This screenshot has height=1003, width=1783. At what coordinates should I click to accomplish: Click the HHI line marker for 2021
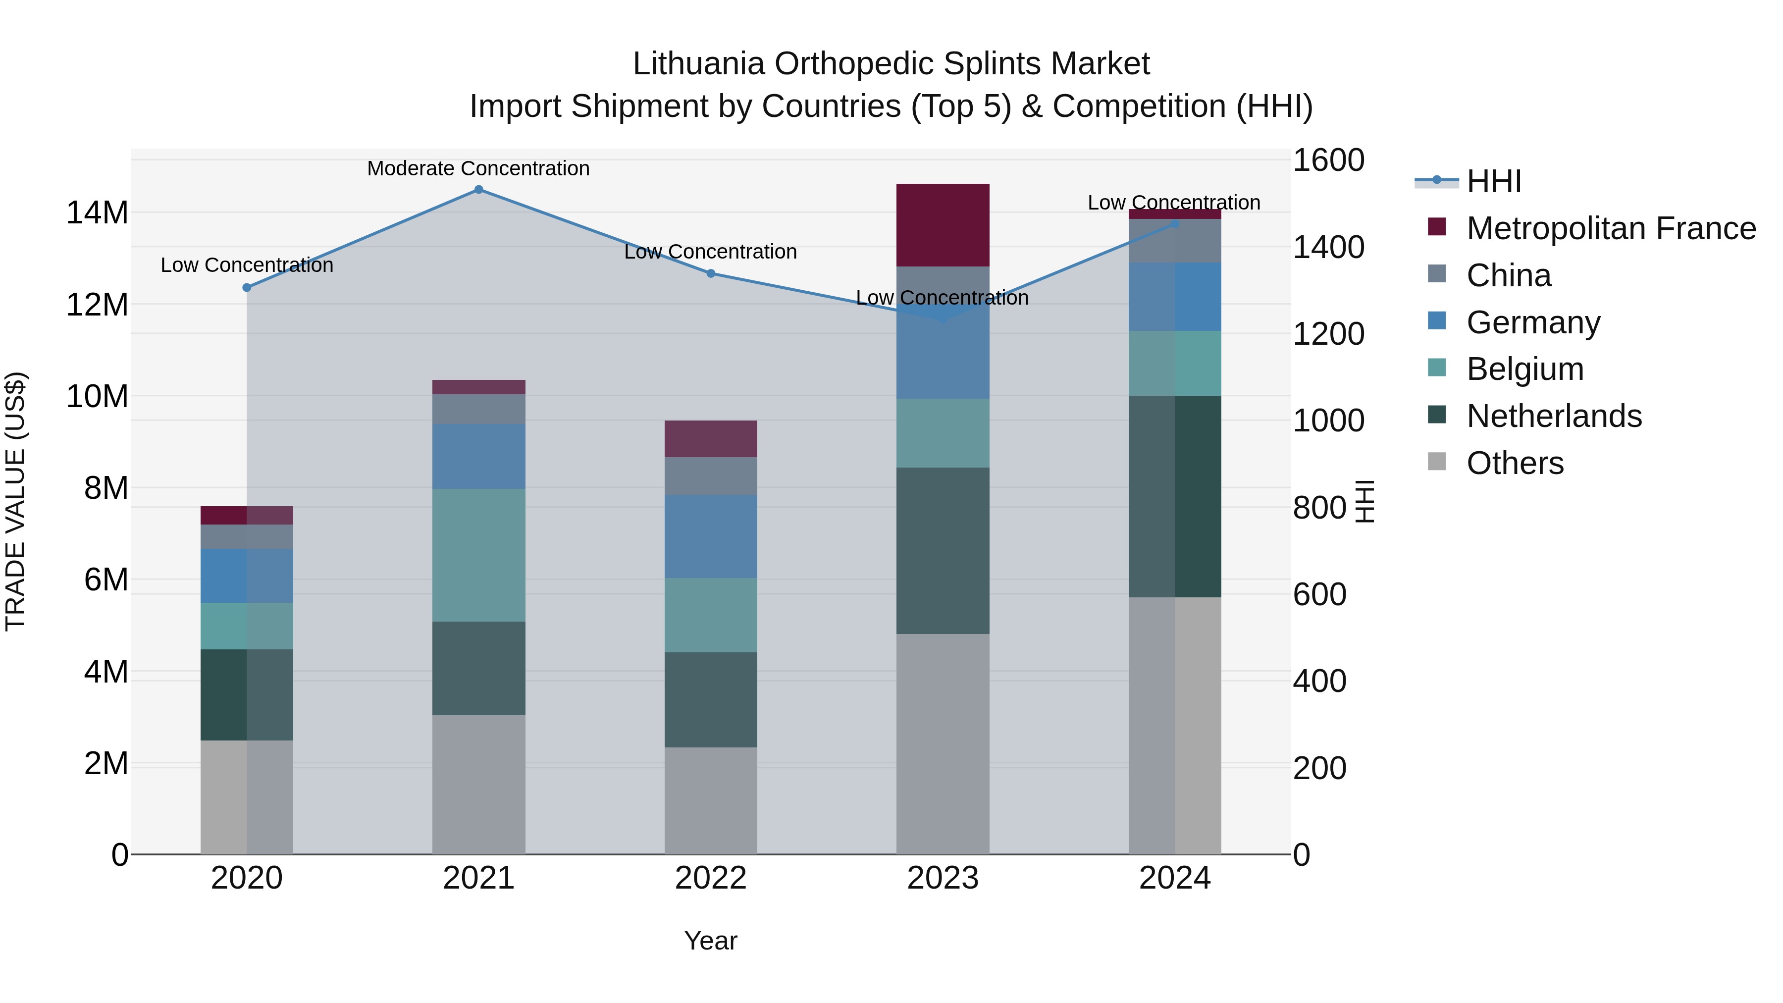(478, 190)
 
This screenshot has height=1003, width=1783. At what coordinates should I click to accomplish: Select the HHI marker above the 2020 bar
(247, 287)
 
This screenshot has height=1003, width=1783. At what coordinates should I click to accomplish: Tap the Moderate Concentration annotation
(478, 168)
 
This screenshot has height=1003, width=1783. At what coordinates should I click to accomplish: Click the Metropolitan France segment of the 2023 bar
(943, 225)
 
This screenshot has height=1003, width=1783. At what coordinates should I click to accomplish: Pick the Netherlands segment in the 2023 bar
(943, 550)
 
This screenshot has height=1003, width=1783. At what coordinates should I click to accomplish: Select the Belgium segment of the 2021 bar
(478, 555)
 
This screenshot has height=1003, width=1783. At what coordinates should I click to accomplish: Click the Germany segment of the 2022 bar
(711, 536)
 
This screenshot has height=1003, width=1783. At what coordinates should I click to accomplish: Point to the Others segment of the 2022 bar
(711, 801)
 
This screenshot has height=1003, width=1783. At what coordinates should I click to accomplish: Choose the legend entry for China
(1509, 275)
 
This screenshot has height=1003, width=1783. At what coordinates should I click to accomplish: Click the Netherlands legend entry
(1554, 416)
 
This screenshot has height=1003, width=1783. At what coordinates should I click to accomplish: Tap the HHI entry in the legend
(1494, 181)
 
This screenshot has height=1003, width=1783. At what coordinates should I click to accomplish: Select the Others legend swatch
(1437, 462)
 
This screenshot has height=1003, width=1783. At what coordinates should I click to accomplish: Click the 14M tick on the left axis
(97, 212)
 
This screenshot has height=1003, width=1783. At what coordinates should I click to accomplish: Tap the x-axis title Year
(711, 942)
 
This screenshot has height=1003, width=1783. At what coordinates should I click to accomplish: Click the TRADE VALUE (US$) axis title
(15, 501)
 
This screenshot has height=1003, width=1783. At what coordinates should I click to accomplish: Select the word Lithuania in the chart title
(698, 64)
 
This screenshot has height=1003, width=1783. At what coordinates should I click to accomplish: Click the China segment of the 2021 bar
(478, 409)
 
